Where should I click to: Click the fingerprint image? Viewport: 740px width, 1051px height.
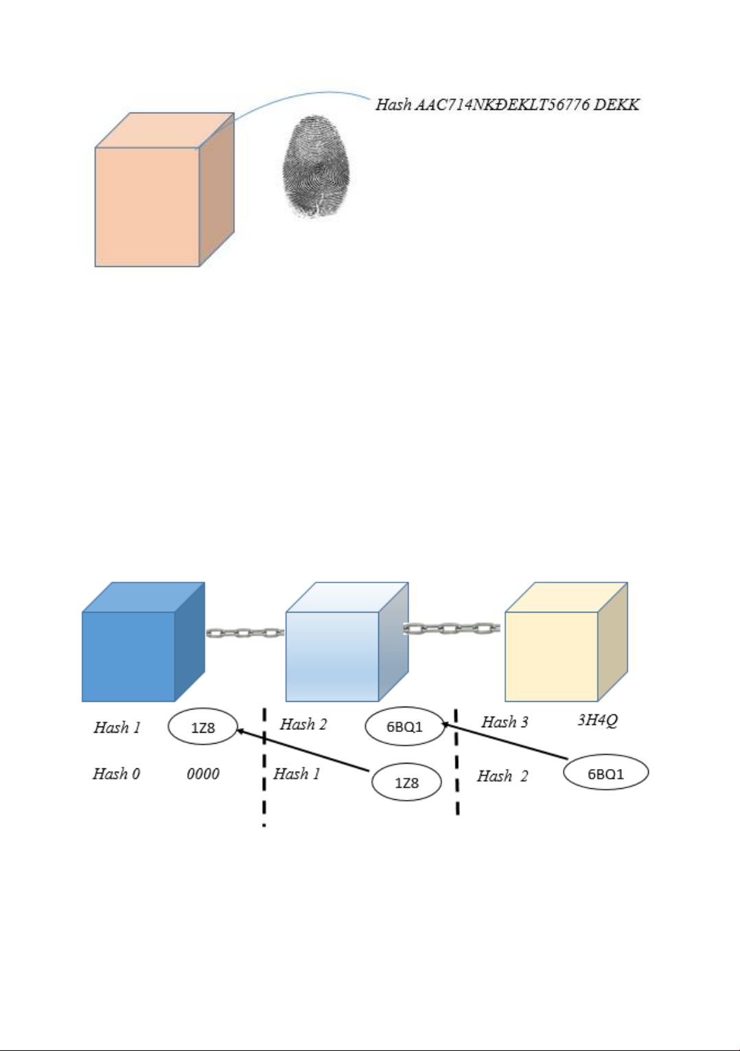click(316, 166)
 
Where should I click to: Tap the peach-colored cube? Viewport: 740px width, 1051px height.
click(148, 205)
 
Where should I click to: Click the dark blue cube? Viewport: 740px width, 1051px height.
click(129, 655)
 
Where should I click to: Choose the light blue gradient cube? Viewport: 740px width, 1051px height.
click(333, 655)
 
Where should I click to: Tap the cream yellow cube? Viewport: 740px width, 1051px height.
click(552, 655)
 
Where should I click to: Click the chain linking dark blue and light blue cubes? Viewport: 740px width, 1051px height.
click(245, 633)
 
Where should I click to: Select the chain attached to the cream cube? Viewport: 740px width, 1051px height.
click(451, 628)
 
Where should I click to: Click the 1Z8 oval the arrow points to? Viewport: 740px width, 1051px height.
click(203, 728)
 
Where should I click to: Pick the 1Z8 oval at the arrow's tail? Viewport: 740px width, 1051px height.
click(406, 783)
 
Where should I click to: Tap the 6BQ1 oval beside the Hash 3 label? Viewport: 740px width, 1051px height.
click(404, 727)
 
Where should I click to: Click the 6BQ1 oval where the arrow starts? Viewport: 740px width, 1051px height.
click(605, 774)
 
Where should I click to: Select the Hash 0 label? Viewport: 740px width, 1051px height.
click(116, 774)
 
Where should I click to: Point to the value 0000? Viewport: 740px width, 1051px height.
click(203, 774)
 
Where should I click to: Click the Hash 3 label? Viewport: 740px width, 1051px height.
click(505, 722)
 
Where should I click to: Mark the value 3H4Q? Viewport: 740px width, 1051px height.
click(597, 720)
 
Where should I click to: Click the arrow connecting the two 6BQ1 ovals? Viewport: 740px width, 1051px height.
click(505, 741)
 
